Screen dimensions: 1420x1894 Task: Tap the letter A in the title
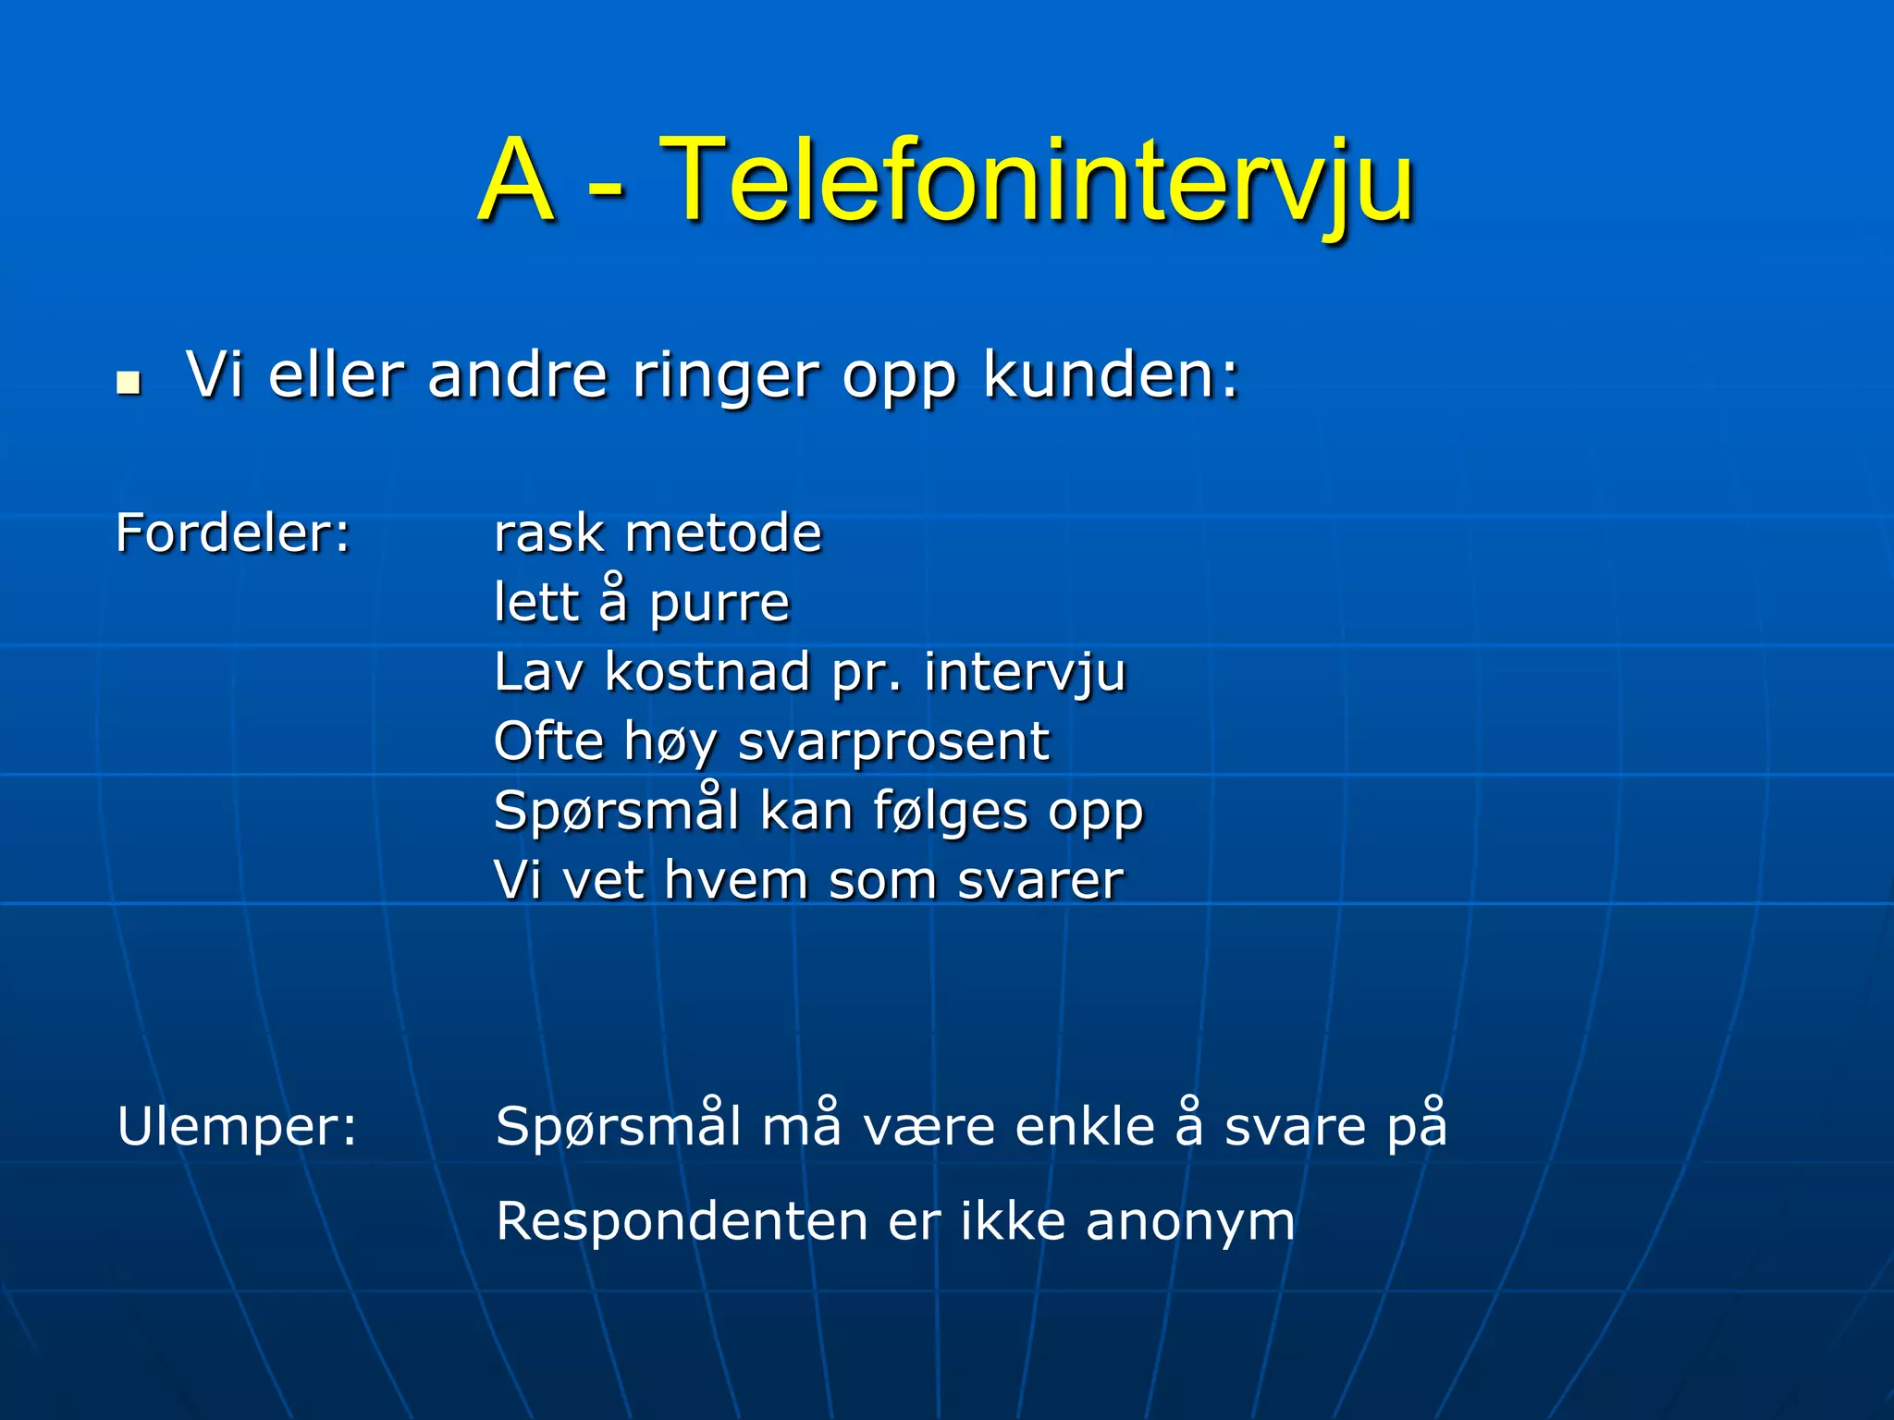518,180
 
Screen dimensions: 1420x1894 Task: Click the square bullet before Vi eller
129,382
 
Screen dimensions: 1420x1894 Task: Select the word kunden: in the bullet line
1111,376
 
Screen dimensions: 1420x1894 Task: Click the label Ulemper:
237,1127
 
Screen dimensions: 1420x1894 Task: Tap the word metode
723,533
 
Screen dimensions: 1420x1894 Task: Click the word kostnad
707,672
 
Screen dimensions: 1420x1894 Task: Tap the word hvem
736,880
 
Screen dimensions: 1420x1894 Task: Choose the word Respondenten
682,1222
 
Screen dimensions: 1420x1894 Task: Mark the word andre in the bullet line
518,376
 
